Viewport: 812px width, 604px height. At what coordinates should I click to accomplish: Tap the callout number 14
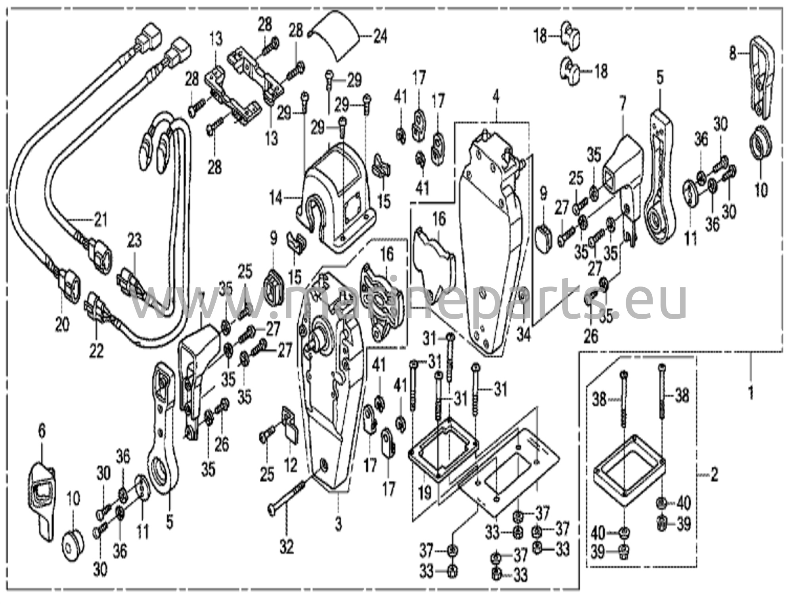tap(277, 197)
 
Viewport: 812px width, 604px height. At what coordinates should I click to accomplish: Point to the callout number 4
tap(496, 97)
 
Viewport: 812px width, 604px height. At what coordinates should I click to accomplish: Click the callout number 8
tap(733, 54)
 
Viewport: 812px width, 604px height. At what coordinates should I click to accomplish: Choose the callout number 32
tap(286, 548)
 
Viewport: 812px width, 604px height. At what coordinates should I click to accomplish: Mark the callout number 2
tap(714, 474)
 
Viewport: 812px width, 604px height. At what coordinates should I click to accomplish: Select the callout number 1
tap(750, 394)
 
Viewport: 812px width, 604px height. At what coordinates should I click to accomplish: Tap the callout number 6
tap(42, 431)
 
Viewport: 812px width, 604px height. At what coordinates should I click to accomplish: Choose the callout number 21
tap(100, 219)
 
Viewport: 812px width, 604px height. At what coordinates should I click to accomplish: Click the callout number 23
tap(134, 241)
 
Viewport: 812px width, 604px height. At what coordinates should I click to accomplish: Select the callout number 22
tap(96, 350)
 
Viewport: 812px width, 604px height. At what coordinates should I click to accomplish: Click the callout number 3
tap(338, 525)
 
